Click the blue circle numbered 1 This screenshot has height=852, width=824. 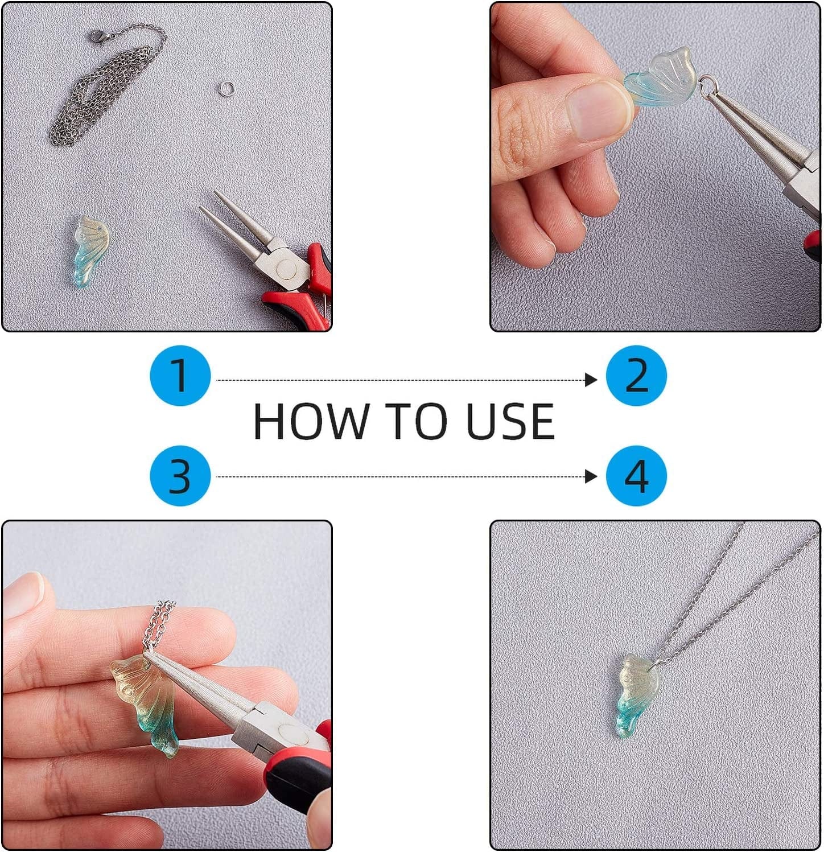tap(180, 376)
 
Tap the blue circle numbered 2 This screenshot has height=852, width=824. tap(636, 376)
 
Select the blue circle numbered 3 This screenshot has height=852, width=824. tap(180, 476)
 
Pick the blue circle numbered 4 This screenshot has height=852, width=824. tap(636, 476)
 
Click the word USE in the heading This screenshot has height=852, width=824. tap(510, 421)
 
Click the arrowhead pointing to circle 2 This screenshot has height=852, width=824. tap(591, 380)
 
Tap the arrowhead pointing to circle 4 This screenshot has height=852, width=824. tap(591, 476)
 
